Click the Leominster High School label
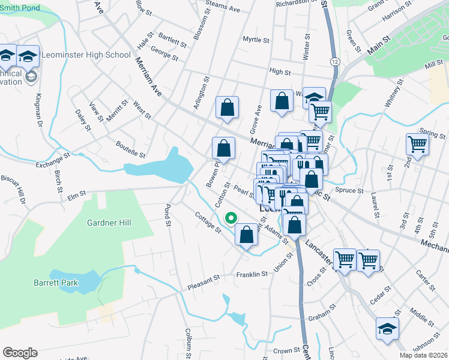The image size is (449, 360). [x=85, y=55]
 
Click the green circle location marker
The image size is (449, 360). [x=229, y=218]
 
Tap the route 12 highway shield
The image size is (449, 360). [x=334, y=62]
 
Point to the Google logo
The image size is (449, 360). [x=20, y=353]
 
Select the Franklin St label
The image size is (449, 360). [x=252, y=274]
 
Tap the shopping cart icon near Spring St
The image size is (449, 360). [x=417, y=143]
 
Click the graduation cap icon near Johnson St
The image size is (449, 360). [x=387, y=329]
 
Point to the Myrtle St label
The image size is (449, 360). [x=256, y=40]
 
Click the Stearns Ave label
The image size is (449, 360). [x=222, y=10]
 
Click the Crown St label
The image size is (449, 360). [x=286, y=350]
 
